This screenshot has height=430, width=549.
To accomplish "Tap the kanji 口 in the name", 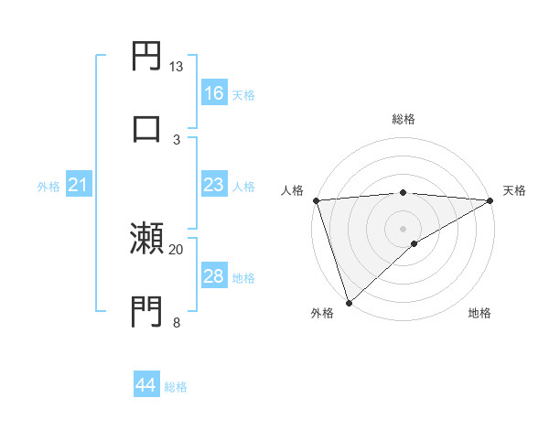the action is (x=147, y=127).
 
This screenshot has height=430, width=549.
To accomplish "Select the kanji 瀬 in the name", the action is (x=147, y=239).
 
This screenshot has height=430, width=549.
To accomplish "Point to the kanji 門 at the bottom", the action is (x=147, y=310).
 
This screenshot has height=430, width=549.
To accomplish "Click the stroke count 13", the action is (x=177, y=67).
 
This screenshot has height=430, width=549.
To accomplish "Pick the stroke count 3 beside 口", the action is (x=177, y=138).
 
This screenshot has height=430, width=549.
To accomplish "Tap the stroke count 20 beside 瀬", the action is (x=177, y=249).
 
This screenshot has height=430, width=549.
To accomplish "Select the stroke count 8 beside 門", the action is (x=177, y=321).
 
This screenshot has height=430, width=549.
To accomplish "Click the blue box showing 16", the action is (x=214, y=93).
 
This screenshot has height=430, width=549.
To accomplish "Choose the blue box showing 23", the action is (x=214, y=185).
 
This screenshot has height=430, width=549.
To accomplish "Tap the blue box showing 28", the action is (x=214, y=276).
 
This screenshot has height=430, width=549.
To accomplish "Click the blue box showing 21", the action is (x=79, y=186).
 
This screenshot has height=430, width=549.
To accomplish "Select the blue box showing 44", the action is (x=146, y=385).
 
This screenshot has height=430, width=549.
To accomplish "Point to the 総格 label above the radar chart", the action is (x=404, y=119).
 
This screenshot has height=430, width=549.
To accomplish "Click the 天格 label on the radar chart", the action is (x=514, y=190).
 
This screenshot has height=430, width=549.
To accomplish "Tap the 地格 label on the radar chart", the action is (x=479, y=313).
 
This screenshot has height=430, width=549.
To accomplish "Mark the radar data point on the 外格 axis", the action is (x=349, y=303).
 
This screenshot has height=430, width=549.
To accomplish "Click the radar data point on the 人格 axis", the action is (x=317, y=200).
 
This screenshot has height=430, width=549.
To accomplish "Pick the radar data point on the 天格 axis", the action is (x=490, y=200).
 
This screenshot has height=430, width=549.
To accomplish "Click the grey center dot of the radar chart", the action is (x=404, y=228).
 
